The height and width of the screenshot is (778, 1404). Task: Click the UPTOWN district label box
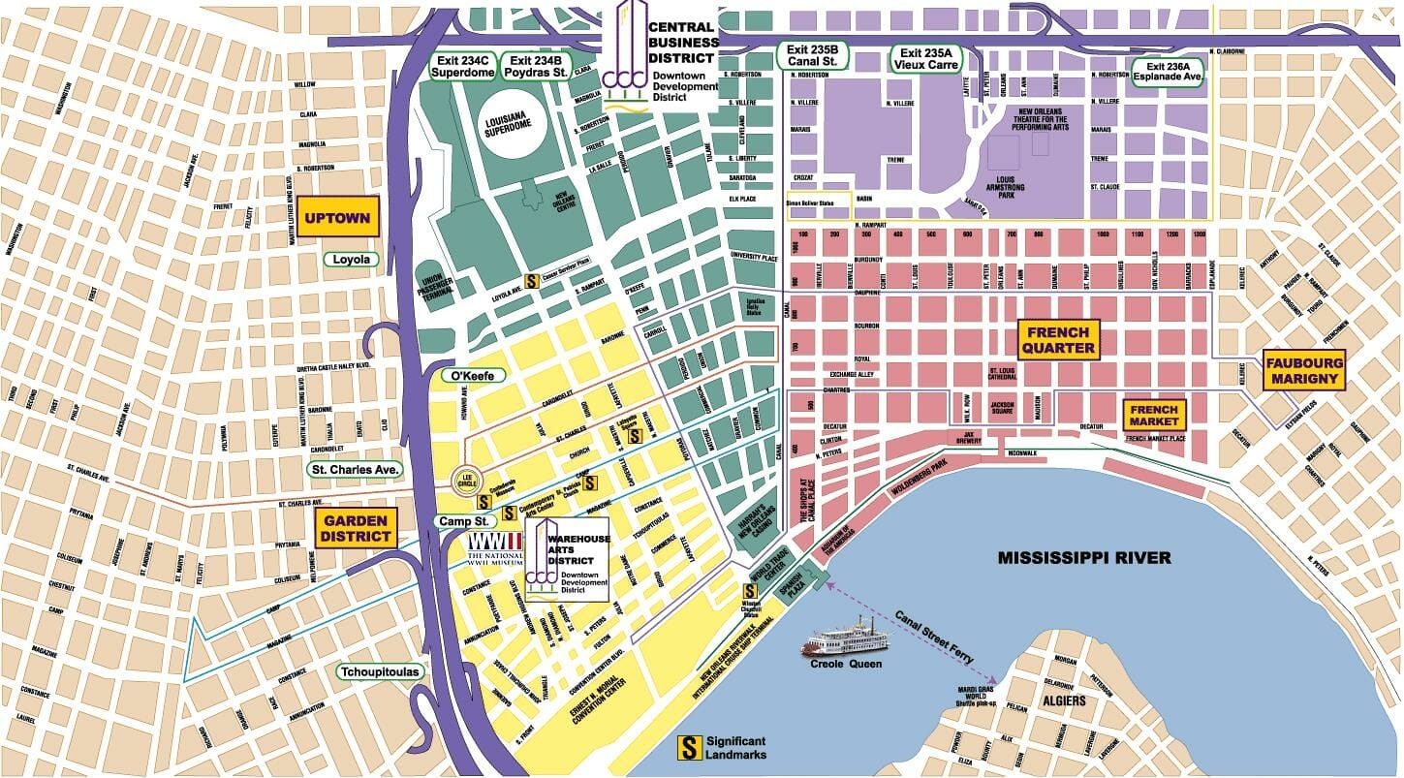(x=337, y=218)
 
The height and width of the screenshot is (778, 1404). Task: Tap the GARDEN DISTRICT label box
(x=355, y=528)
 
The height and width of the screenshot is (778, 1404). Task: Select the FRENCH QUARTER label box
(x=1059, y=340)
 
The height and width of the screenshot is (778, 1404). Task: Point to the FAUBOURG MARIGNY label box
(x=1305, y=370)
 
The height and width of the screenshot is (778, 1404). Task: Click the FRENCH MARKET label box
(x=1154, y=416)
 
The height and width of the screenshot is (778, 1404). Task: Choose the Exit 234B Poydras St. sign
(x=538, y=65)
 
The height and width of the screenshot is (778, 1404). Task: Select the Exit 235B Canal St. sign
(x=812, y=56)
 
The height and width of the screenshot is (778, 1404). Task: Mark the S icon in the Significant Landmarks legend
(x=689, y=747)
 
